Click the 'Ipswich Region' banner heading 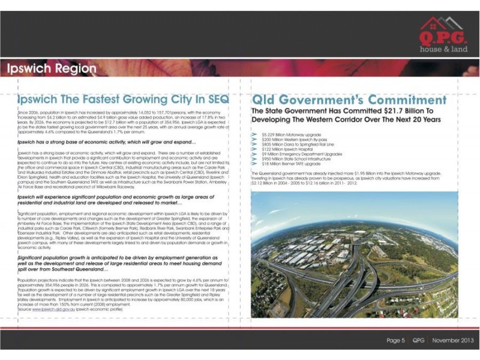click(52, 68)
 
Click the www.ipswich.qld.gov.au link click(54, 309)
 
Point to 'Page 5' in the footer click(395, 340)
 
